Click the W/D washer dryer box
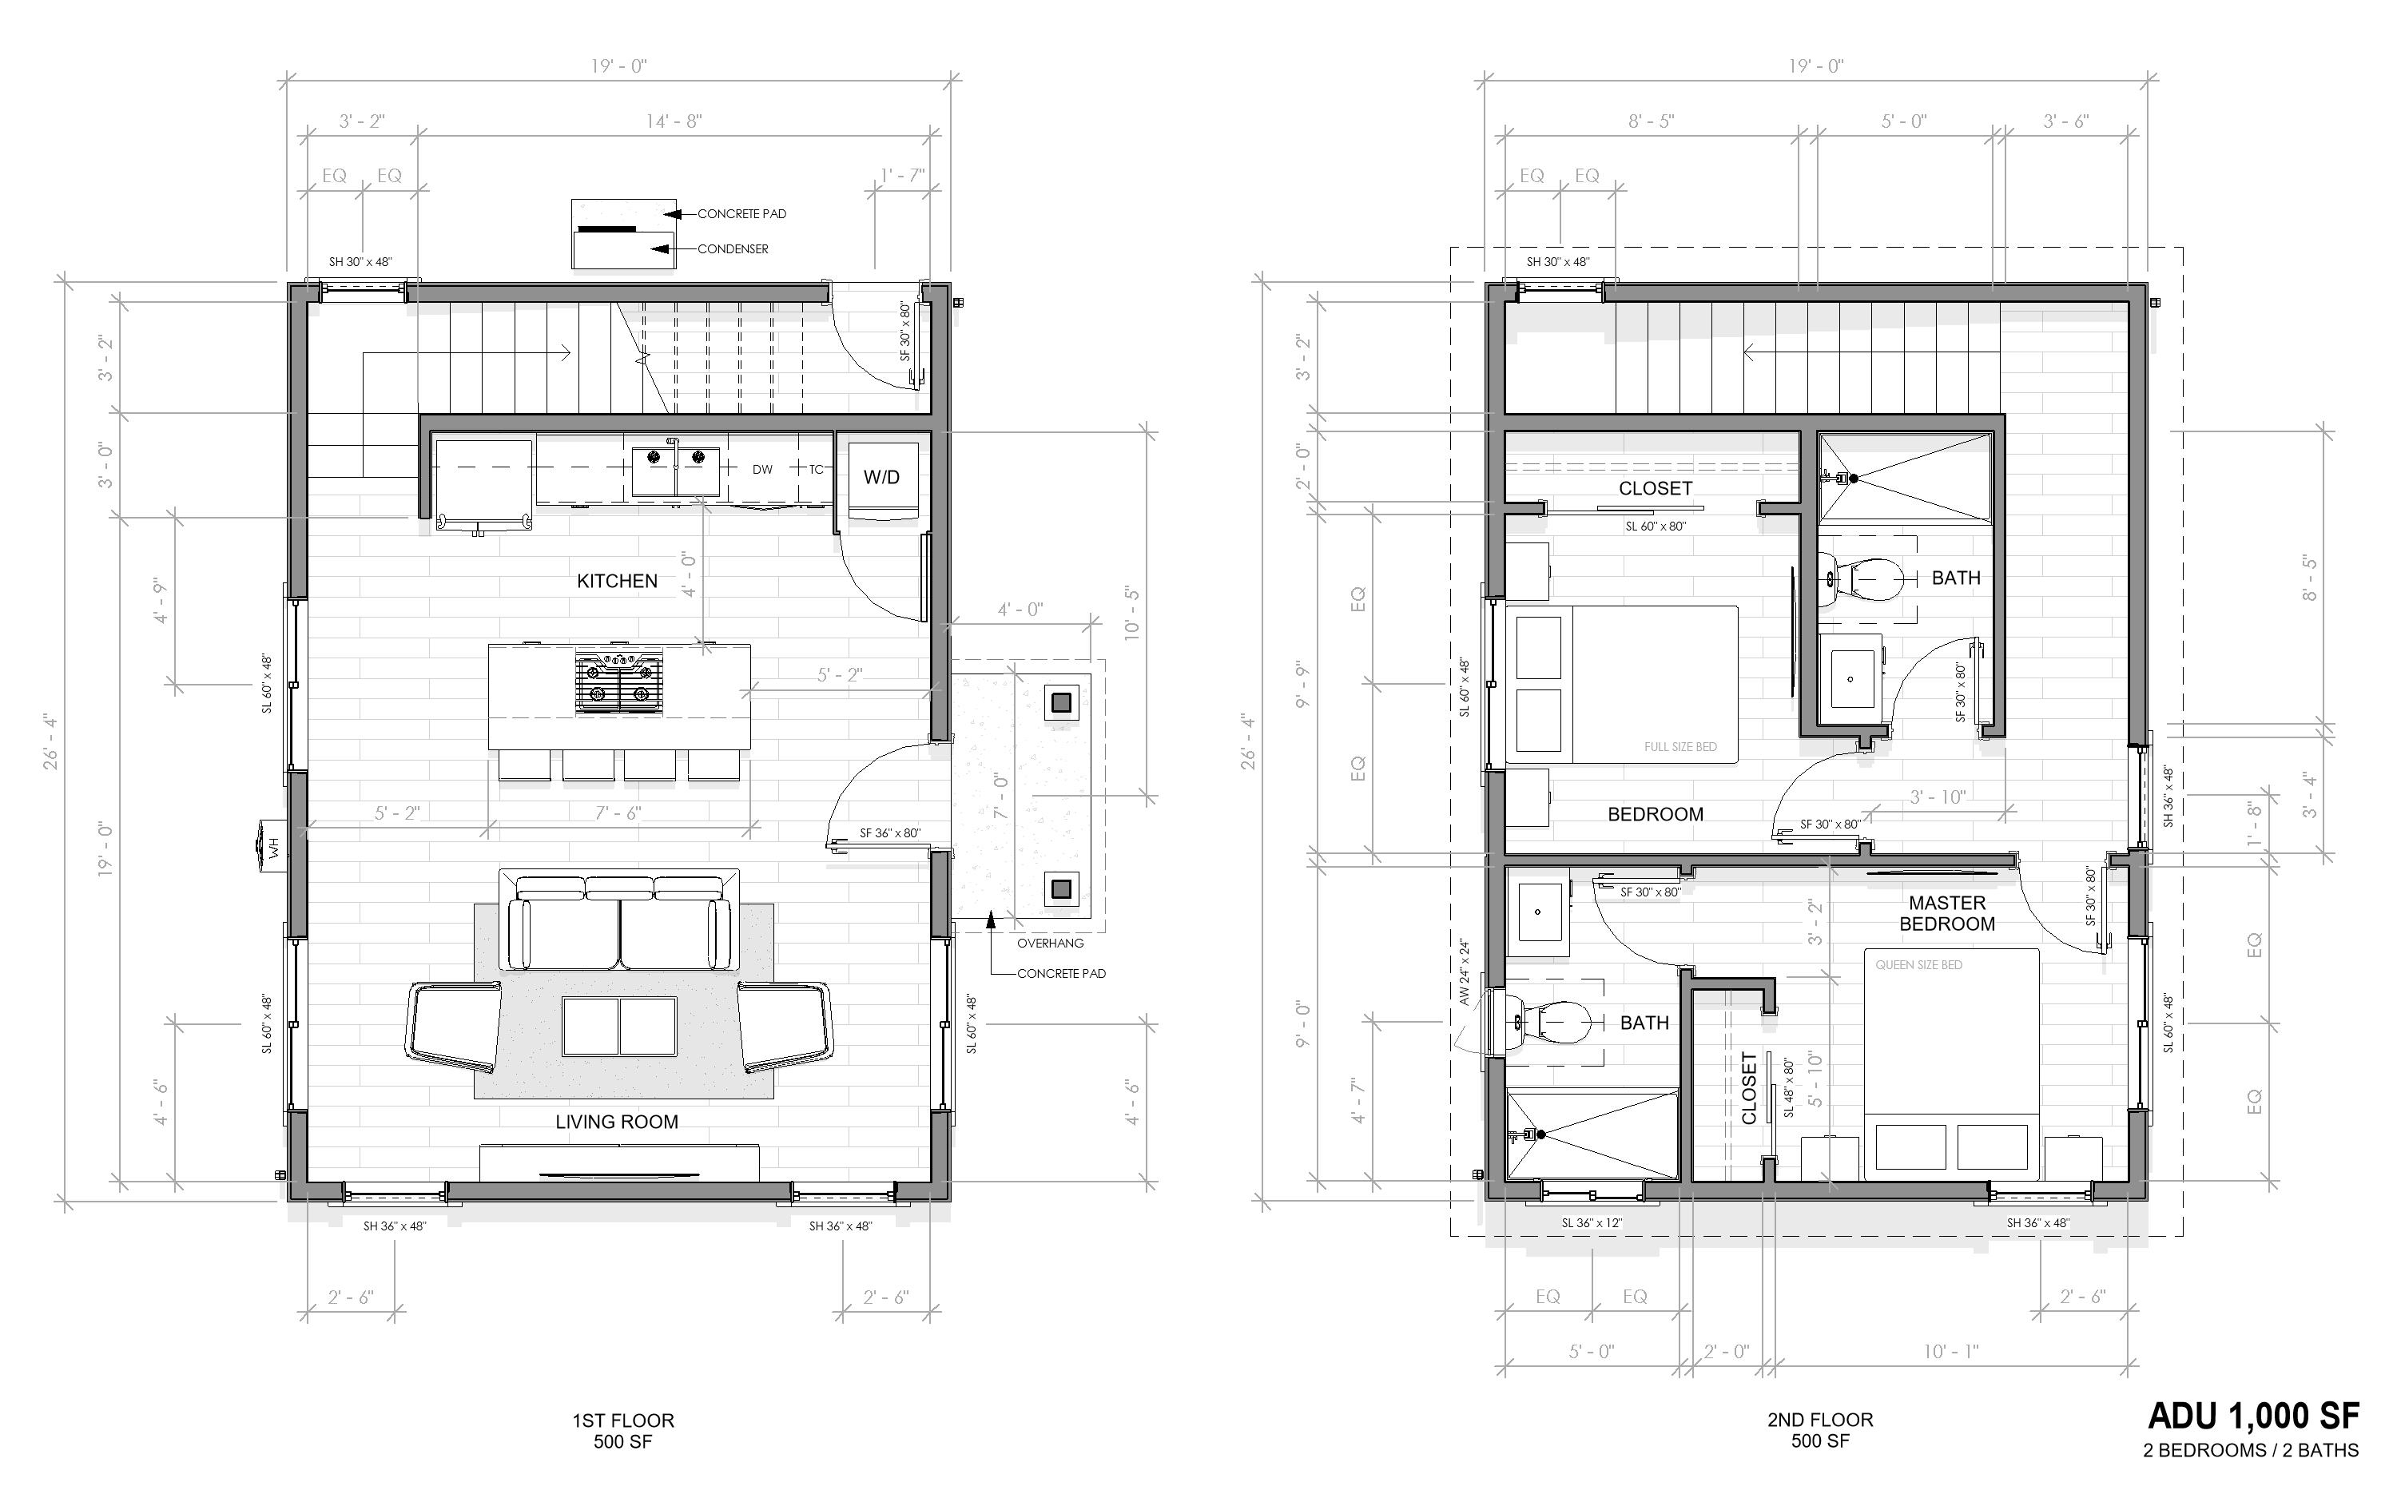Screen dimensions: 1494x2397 pos(881,477)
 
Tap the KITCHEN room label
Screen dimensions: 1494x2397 pos(617,581)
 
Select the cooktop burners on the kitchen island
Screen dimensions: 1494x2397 pos(618,681)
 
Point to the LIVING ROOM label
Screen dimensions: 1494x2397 pos(617,1122)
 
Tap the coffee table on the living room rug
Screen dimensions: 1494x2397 pos(619,1027)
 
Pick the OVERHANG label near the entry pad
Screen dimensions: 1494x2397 pos(1051,943)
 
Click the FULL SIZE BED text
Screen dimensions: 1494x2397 pos(1679,747)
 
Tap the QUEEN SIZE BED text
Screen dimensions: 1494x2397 pos(1918,964)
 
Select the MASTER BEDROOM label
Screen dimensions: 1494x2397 pos(1946,913)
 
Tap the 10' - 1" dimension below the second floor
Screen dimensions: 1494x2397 pos(1950,1351)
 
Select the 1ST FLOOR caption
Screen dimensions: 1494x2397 pos(622,1420)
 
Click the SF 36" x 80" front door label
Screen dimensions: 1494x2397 pos(889,833)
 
